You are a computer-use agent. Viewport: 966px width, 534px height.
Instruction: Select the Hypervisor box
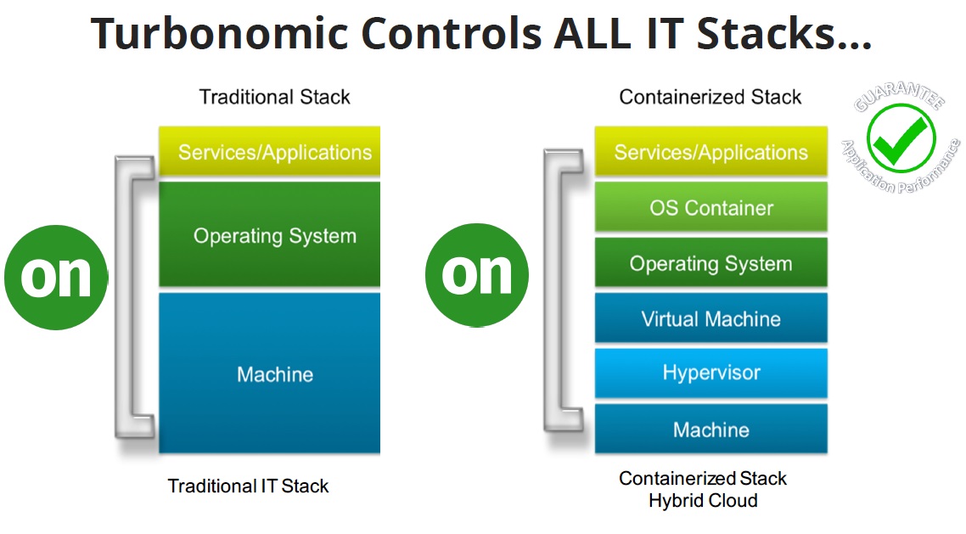click(x=711, y=373)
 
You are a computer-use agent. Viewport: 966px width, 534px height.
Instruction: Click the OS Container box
click(x=711, y=207)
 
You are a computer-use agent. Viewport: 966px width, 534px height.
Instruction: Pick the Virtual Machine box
click(x=711, y=318)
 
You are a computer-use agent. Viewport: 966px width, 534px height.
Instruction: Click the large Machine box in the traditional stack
click(x=270, y=374)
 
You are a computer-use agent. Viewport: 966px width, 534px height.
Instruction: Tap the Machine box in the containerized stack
click(x=711, y=429)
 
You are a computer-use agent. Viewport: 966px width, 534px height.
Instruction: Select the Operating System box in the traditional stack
click(x=270, y=234)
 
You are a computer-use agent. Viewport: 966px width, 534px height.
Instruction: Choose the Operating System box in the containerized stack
click(x=711, y=263)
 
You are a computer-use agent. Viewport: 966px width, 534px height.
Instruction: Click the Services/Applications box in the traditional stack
click(x=270, y=152)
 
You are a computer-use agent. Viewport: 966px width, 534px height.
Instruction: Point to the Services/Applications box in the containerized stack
click(x=711, y=152)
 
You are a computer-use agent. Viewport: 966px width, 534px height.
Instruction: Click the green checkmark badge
click(x=901, y=139)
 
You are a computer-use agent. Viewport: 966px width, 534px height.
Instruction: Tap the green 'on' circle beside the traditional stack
click(x=56, y=276)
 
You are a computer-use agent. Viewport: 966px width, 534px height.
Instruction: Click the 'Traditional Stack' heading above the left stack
click(x=274, y=97)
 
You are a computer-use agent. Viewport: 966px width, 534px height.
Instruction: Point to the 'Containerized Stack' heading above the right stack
click(x=710, y=97)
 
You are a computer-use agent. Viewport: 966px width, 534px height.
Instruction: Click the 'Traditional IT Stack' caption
click(x=248, y=486)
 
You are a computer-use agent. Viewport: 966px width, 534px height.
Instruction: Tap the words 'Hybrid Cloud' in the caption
click(x=703, y=501)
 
